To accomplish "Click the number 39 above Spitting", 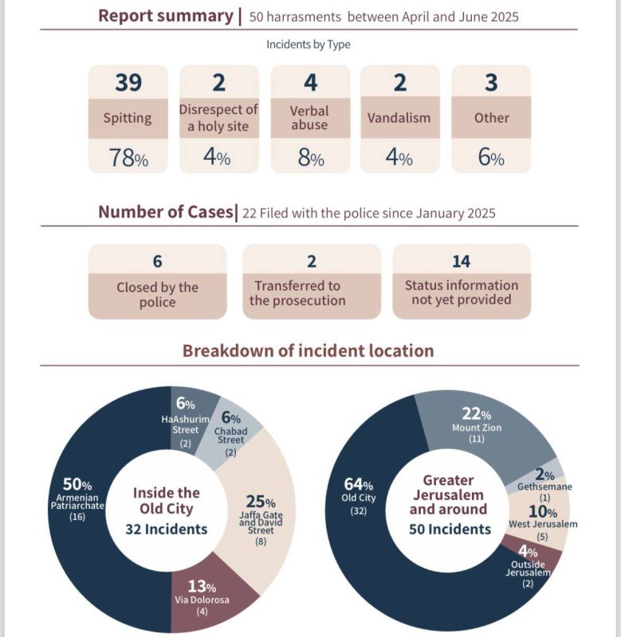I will (128, 82).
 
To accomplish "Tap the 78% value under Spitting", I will (128, 158).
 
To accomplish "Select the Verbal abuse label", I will (309, 118).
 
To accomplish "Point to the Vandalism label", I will (399, 118).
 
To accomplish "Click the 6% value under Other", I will (491, 158).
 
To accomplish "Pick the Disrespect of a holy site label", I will (218, 118).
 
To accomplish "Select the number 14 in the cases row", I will (461, 261).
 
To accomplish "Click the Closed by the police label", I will (157, 295).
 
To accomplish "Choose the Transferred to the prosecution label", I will (297, 293).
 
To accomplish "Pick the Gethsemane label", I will (544, 487).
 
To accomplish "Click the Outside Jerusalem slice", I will (530, 561).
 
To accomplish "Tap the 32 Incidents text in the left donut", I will (166, 529).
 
